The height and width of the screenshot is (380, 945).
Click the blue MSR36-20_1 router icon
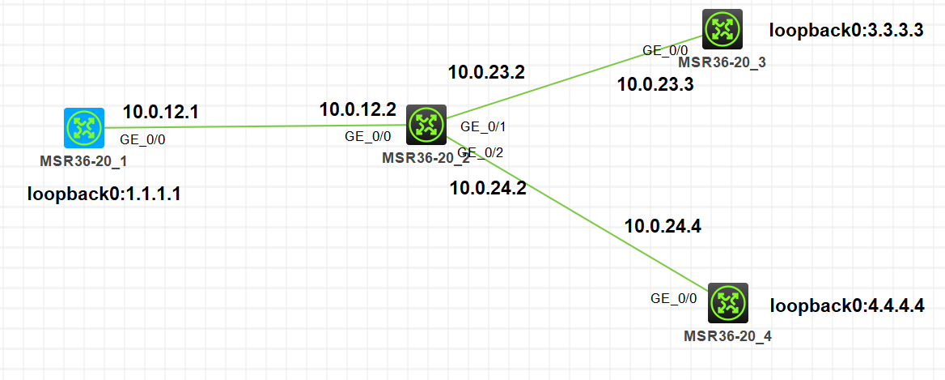(x=84, y=127)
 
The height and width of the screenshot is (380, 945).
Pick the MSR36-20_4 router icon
(x=727, y=303)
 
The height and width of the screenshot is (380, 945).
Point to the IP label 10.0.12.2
(x=358, y=109)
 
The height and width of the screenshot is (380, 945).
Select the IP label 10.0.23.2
(x=486, y=72)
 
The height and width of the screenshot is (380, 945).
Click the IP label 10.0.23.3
(x=655, y=84)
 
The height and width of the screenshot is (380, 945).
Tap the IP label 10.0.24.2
(x=488, y=189)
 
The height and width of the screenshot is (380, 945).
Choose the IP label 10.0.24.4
(x=663, y=226)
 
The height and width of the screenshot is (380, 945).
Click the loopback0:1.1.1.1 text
(x=104, y=194)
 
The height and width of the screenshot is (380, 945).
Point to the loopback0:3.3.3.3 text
(x=845, y=32)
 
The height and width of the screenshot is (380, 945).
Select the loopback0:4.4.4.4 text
(x=846, y=306)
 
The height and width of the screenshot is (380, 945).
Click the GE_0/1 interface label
(x=483, y=126)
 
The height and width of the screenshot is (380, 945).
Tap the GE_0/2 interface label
(x=481, y=152)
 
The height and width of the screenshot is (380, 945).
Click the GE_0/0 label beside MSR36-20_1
(x=142, y=139)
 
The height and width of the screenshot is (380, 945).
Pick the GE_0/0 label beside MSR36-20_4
(x=673, y=298)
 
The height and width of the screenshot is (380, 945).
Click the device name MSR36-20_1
(x=83, y=160)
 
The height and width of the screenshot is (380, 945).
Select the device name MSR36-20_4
(x=727, y=335)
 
